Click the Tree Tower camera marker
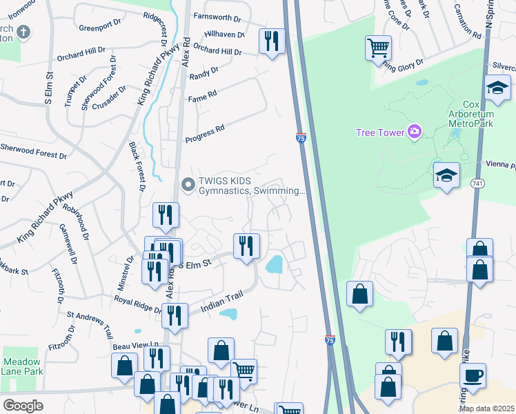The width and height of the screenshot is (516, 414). (x=415, y=131)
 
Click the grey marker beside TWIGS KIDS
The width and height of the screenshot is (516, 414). (x=187, y=184)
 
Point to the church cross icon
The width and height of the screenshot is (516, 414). (x=23, y=32)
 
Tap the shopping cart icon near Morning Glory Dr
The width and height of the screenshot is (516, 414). (x=378, y=48)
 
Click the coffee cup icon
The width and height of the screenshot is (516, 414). (x=473, y=375)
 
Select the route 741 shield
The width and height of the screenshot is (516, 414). (x=477, y=184)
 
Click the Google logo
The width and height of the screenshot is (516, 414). (x=23, y=405)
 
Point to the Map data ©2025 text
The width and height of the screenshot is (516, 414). (x=486, y=408)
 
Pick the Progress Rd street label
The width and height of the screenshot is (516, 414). (x=205, y=134)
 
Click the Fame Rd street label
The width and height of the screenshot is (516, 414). (x=202, y=96)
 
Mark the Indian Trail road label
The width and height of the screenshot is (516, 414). (x=222, y=302)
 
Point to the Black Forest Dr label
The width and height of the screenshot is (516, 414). (x=136, y=166)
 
